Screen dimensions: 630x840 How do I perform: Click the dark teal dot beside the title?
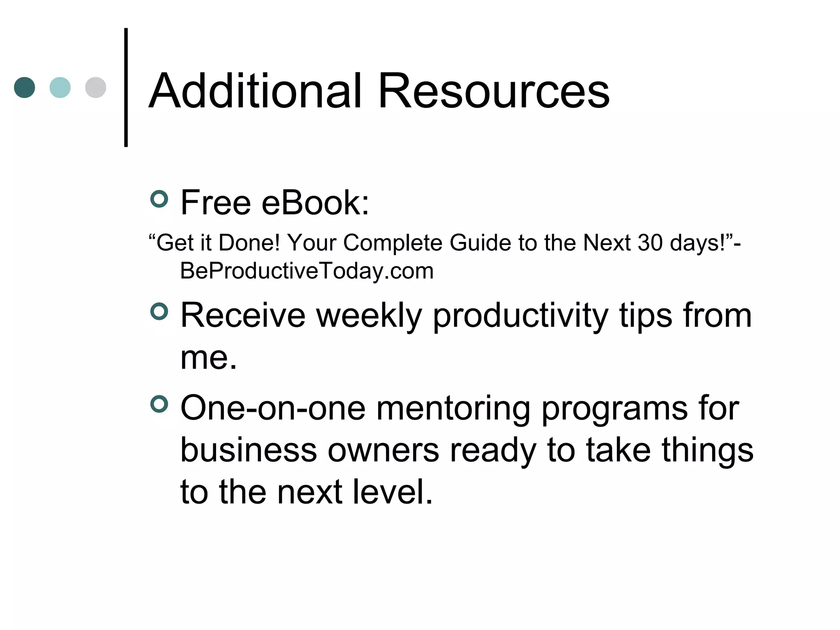click(x=25, y=87)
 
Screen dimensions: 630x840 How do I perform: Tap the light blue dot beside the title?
click(x=60, y=87)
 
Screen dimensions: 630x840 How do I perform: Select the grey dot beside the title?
click(x=96, y=87)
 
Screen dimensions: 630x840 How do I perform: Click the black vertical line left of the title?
click(x=126, y=87)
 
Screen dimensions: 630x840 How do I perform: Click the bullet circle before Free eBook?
click(x=160, y=199)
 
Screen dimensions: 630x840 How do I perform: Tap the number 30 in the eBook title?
click(x=650, y=242)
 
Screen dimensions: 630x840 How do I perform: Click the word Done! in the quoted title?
click(x=249, y=242)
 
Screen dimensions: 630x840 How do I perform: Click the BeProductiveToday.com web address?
click(x=307, y=271)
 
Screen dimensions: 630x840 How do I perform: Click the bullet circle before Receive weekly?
click(x=160, y=311)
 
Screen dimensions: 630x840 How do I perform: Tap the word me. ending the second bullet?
click(x=209, y=358)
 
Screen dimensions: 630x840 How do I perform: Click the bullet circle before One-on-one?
click(x=160, y=404)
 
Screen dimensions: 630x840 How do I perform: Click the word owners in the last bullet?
click(x=383, y=450)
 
